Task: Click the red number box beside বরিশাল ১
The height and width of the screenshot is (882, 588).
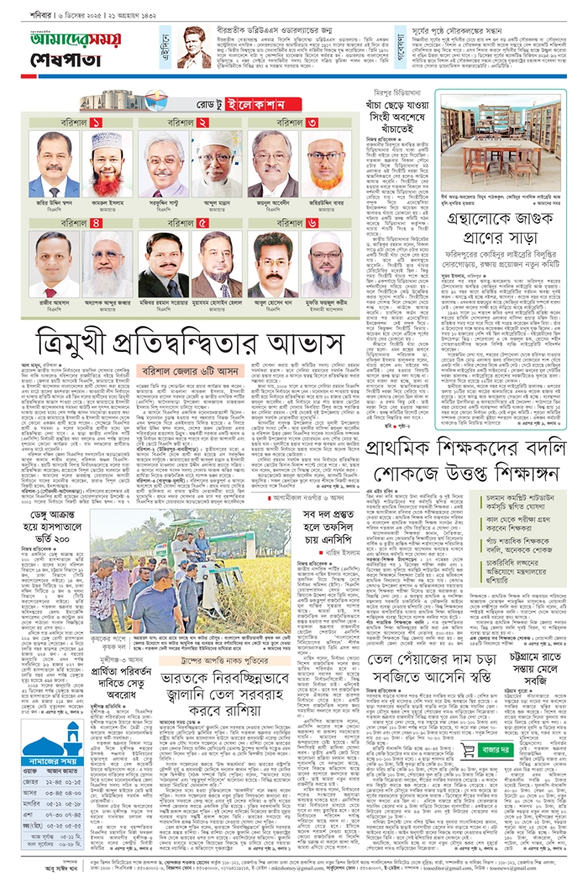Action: click(x=97, y=123)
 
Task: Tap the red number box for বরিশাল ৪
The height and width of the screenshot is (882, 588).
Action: click(x=97, y=223)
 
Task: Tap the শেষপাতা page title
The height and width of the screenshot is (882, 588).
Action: click(x=55, y=65)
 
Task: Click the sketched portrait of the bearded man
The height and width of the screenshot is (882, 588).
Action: click(x=194, y=47)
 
